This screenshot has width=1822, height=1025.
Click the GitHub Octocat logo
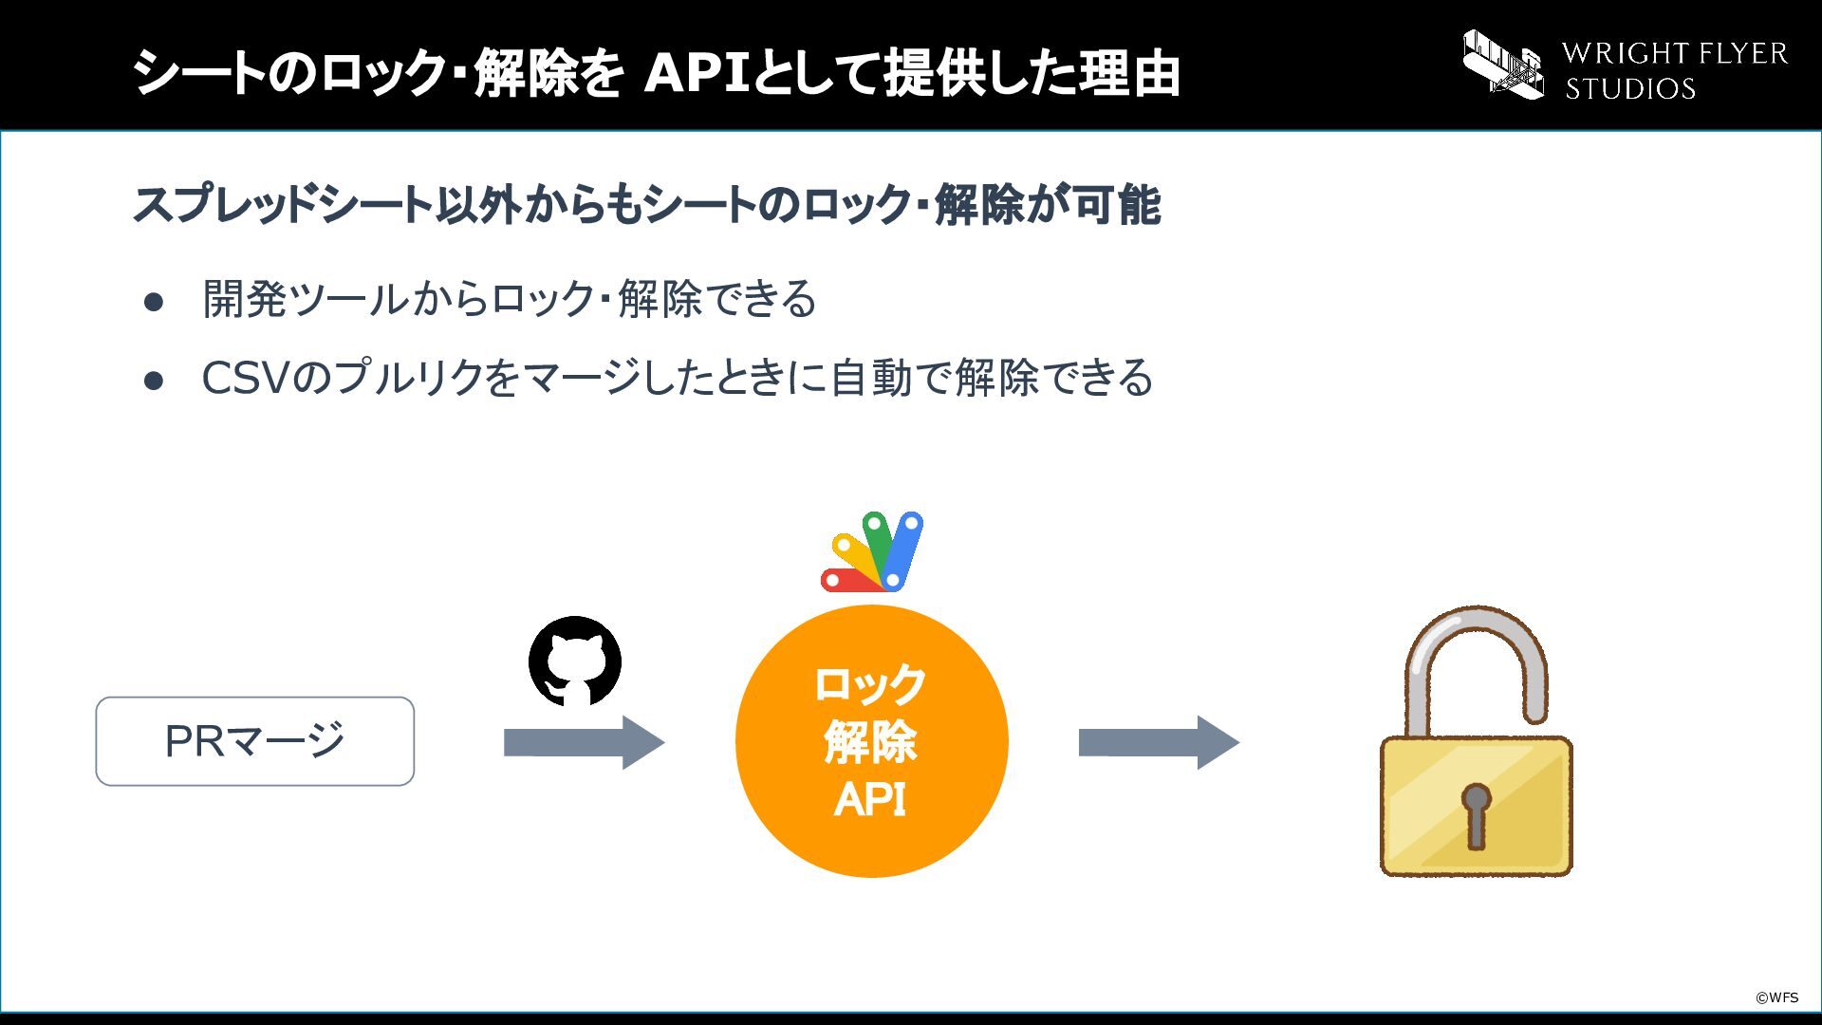(x=575, y=662)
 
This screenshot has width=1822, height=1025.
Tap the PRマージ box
(x=254, y=741)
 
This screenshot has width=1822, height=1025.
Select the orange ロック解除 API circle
(x=871, y=741)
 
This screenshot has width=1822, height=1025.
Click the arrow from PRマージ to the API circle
(x=584, y=742)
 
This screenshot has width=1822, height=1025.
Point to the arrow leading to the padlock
(x=1159, y=742)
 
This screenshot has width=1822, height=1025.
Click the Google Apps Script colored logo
(x=872, y=552)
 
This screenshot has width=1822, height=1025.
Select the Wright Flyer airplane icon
(x=1503, y=64)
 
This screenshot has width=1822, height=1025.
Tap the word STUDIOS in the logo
(x=1630, y=88)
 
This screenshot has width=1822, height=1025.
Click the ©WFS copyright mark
(x=1776, y=997)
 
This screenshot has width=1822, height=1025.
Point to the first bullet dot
(x=154, y=303)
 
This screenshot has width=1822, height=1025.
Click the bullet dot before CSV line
(x=154, y=381)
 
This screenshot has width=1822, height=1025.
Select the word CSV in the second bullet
(x=245, y=378)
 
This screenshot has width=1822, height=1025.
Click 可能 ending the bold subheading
(x=1117, y=205)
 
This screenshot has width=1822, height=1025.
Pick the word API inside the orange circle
(x=870, y=800)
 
